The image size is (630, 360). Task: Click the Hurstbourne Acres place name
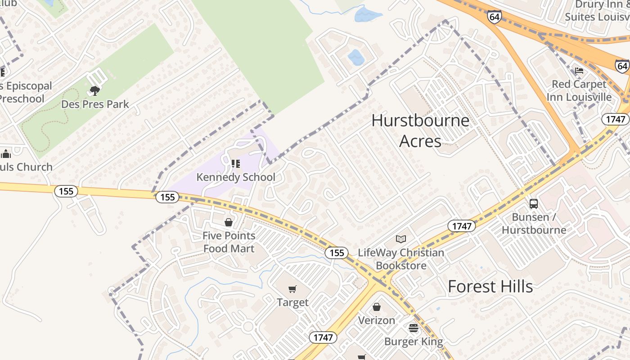420,130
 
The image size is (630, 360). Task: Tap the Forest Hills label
490,287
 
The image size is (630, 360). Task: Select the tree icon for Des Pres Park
94,91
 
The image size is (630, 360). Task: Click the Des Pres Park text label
95,104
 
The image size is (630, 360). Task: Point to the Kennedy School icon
235,164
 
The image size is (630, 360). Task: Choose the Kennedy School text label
235,177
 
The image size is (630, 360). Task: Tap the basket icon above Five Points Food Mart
229,222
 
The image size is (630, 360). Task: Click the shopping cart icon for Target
292,289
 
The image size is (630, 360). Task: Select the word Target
292,302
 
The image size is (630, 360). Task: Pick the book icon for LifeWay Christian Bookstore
401,239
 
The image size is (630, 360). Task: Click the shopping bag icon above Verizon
377,307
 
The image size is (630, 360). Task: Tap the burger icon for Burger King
414,328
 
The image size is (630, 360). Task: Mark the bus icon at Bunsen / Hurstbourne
534,203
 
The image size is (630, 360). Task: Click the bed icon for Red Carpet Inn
579,71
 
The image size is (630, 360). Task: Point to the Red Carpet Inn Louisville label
579,90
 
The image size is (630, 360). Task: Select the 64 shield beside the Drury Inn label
494,17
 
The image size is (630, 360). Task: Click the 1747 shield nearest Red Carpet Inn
615,119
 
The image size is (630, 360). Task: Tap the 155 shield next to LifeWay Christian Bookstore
337,253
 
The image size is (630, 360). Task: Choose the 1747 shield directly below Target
323,337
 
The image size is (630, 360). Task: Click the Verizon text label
377,320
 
